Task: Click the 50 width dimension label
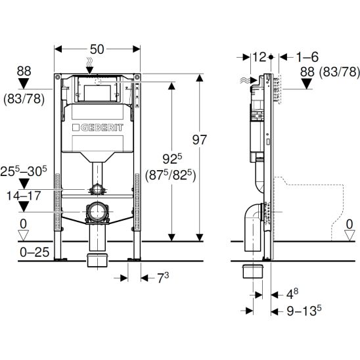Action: tap(97, 49)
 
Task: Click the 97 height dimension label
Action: tap(200, 139)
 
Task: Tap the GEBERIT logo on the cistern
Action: tap(98, 127)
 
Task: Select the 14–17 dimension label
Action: tap(24, 196)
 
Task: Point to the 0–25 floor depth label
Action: tap(34, 252)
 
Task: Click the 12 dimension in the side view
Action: tap(259, 57)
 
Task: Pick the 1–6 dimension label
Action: tap(307, 57)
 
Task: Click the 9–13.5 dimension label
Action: tap(304, 311)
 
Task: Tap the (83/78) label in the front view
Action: tap(24, 99)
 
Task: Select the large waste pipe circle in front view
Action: tap(98, 212)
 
